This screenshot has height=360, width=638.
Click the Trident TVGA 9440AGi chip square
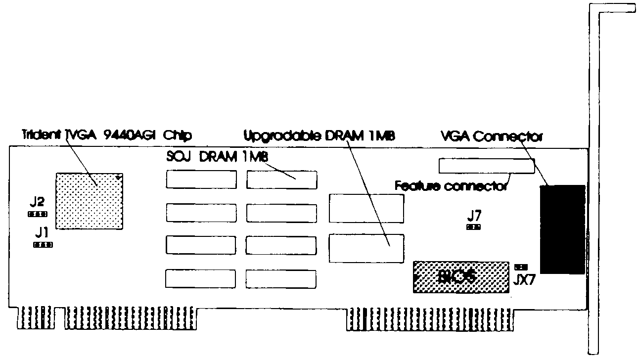tap(90, 200)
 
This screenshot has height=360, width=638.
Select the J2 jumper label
tap(37, 202)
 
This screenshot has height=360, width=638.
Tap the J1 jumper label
tap(42, 232)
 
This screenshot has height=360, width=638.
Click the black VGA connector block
tap(563, 229)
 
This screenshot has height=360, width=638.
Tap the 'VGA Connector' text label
tap(491, 136)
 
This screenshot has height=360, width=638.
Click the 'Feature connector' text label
tap(450, 186)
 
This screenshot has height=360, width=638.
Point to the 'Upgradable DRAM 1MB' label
tap(321, 135)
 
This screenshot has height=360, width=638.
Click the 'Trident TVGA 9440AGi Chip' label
tap(107, 135)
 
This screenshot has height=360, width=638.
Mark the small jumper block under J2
tap(37, 214)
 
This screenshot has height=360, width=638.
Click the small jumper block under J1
tap(43, 244)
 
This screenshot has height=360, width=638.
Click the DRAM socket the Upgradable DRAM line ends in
tap(366, 248)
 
